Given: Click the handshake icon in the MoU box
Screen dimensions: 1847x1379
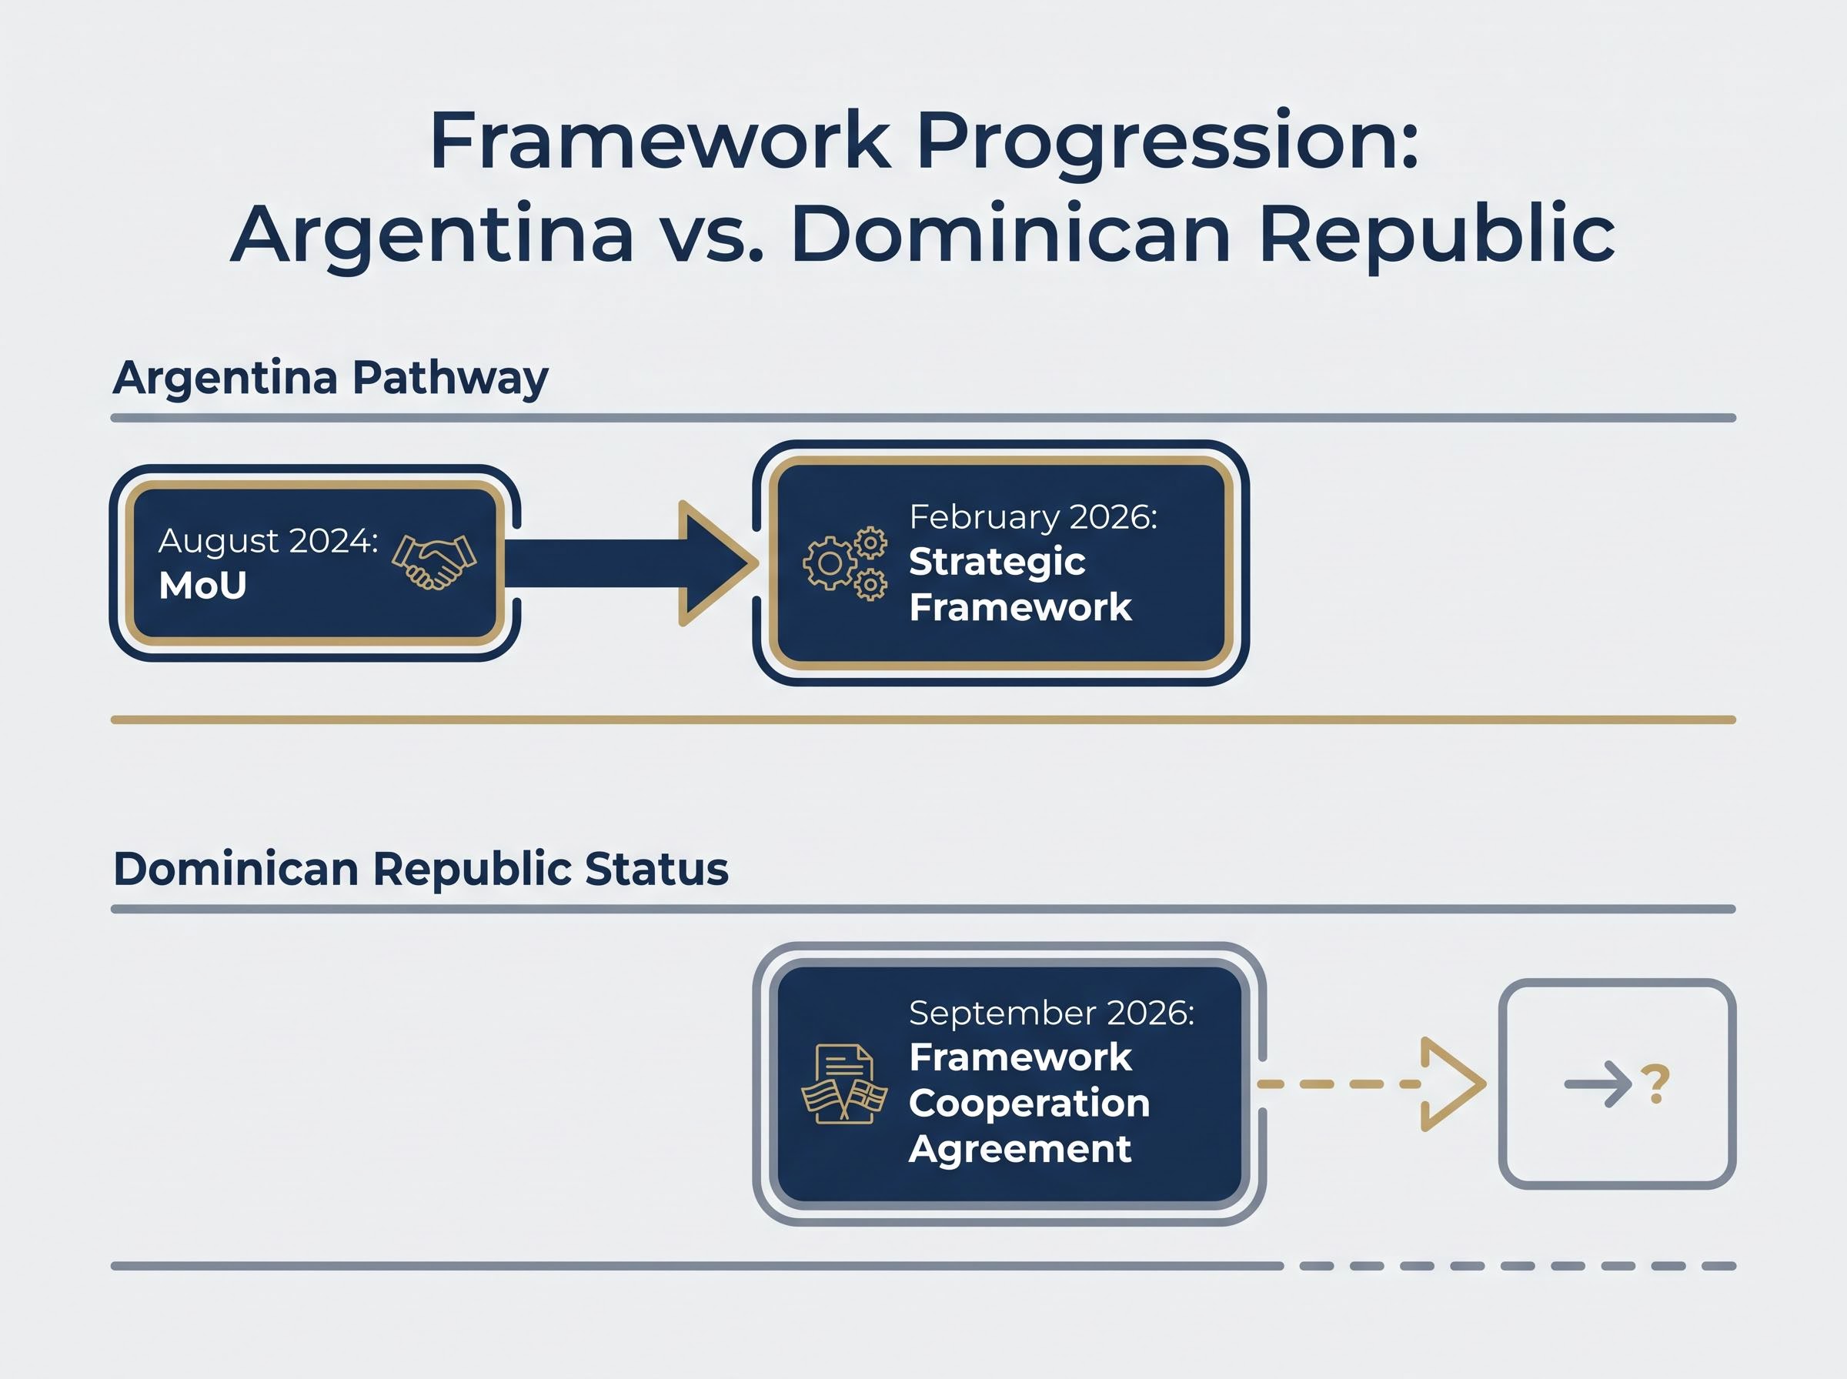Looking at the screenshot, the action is pyautogui.click(x=434, y=562).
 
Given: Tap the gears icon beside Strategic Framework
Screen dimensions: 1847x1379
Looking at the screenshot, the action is pyautogui.click(x=845, y=563).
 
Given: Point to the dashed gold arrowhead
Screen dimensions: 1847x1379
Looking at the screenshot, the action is pyautogui.click(x=1453, y=1084).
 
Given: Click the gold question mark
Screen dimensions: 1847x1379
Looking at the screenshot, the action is pyautogui.click(x=1655, y=1084).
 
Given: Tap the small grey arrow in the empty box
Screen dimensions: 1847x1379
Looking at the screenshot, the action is pyautogui.click(x=1598, y=1084).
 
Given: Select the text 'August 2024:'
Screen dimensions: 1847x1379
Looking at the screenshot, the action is pyautogui.click(x=268, y=542).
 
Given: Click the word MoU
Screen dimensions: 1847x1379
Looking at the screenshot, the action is pyautogui.click(x=203, y=586).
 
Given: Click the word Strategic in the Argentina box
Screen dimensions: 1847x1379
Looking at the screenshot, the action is pyautogui.click(x=997, y=563).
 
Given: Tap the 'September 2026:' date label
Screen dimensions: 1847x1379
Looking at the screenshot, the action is pyautogui.click(x=1051, y=1013).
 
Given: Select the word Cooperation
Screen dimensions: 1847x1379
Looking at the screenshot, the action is pyautogui.click(x=1029, y=1104).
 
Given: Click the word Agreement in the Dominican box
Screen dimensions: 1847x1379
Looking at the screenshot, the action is pyautogui.click(x=1020, y=1150).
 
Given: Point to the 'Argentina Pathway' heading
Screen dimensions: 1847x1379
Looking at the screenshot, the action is pyautogui.click(x=330, y=378).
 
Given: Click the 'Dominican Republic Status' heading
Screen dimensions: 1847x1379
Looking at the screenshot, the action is pyautogui.click(x=421, y=869).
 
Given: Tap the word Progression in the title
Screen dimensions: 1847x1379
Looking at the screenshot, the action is pyautogui.click(x=1167, y=142).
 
